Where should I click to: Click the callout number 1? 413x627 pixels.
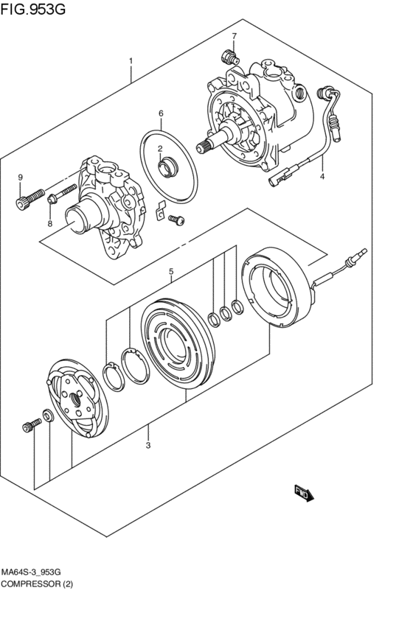point(131,61)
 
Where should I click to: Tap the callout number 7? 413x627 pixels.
point(234,36)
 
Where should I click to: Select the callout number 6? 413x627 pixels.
point(161,113)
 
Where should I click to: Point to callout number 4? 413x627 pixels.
point(322,176)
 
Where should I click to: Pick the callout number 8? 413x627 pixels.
point(50,223)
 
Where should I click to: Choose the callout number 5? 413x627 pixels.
point(171,272)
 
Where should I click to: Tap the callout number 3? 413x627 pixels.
point(148,445)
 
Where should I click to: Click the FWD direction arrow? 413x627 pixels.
point(304,494)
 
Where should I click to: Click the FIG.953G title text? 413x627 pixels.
point(32,9)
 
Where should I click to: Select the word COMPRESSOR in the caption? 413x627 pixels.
point(30,584)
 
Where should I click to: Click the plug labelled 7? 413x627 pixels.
point(229,57)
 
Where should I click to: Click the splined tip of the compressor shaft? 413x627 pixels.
point(203,147)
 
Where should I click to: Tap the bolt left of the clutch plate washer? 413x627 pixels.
point(32,426)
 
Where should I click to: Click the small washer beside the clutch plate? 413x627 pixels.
point(48,416)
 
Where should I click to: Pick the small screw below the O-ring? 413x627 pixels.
point(176,219)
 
